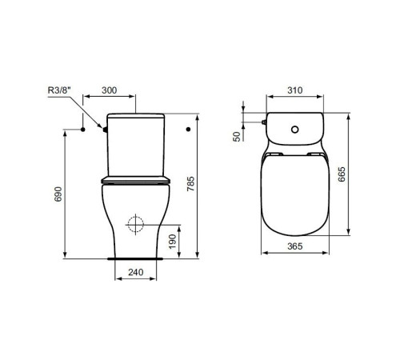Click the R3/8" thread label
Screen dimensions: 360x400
pyautogui.click(x=58, y=90)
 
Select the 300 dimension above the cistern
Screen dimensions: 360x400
pyautogui.click(x=113, y=90)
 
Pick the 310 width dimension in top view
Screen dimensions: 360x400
pyautogui.click(x=294, y=90)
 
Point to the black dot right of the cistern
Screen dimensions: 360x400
pyautogui.click(x=187, y=128)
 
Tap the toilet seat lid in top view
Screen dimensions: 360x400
pyautogui.click(x=294, y=192)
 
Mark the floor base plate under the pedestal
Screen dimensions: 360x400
pyautogui.click(x=138, y=260)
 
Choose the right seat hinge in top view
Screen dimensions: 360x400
pyautogui.click(x=314, y=151)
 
